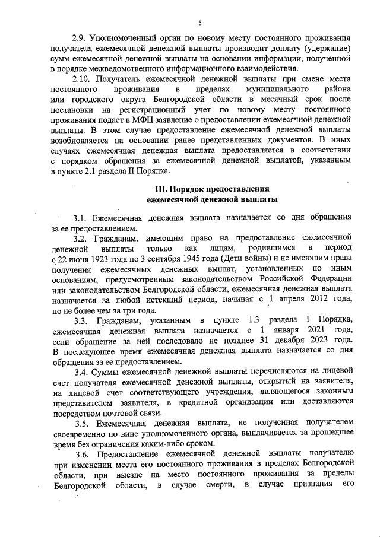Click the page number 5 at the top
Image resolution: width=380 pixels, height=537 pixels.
tap(199, 23)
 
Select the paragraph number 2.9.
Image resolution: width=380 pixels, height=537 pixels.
tap(80, 37)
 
